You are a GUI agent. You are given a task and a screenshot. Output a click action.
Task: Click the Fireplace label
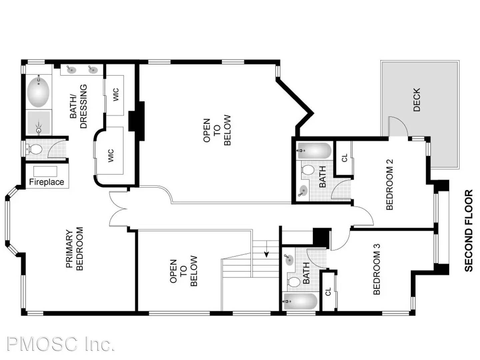click(46, 182)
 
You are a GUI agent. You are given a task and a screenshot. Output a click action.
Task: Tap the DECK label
click(417, 100)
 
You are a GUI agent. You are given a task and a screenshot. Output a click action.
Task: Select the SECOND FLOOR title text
click(468, 231)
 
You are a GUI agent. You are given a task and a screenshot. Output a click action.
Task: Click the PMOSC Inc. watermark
click(61, 344)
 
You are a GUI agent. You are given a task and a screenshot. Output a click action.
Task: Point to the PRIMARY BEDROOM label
click(74, 249)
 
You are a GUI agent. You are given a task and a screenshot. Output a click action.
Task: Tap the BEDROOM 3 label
click(376, 269)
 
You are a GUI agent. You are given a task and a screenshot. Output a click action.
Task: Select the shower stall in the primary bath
click(39, 123)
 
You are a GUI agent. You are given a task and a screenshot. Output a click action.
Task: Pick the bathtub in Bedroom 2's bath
click(314, 151)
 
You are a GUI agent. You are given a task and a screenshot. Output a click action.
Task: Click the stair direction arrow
click(267, 254)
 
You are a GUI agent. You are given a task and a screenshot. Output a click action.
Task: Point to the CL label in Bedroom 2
click(345, 158)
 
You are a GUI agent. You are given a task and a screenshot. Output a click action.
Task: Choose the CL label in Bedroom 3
click(328, 291)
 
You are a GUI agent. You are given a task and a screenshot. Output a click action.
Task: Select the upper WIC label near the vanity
click(116, 95)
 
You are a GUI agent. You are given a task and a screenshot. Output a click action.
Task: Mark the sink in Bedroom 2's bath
click(303, 191)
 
